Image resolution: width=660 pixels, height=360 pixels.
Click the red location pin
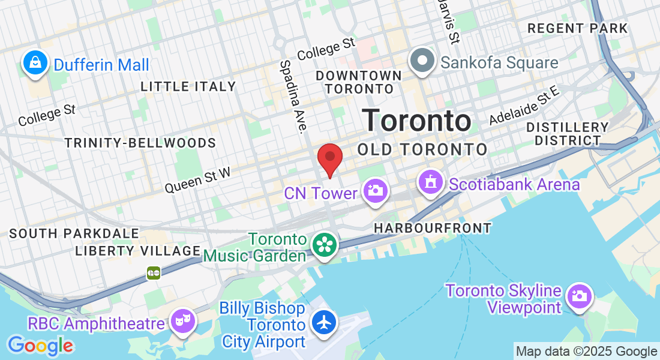click(x=329, y=158)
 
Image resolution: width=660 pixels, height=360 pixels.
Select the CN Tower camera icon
click(x=375, y=192)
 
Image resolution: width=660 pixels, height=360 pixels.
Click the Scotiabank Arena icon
click(x=430, y=182)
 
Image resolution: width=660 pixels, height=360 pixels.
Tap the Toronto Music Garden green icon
click(x=325, y=245)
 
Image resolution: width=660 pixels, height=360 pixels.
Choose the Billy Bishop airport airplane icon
click(x=325, y=323)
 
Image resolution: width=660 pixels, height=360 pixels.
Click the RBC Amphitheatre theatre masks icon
click(x=182, y=320)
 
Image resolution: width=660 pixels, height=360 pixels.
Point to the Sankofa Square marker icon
click(x=422, y=62)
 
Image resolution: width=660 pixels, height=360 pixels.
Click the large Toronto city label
click(x=416, y=121)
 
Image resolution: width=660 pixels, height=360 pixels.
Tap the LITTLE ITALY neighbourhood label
click(x=188, y=86)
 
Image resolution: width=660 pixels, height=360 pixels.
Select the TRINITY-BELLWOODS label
click(x=140, y=143)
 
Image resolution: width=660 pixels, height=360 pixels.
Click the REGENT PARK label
click(x=577, y=28)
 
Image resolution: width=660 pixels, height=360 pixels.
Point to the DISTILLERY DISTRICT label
click(x=568, y=134)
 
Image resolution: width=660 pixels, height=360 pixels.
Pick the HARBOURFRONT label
click(x=432, y=228)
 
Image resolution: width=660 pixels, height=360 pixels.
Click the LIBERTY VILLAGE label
click(x=137, y=251)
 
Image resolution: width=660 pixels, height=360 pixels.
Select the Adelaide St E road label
click(x=524, y=106)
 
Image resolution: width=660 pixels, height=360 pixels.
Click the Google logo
click(x=40, y=345)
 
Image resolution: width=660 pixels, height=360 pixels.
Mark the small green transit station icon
click(x=154, y=273)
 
